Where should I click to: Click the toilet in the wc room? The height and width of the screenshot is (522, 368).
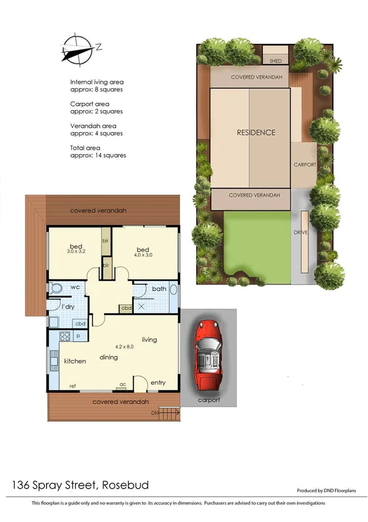56,289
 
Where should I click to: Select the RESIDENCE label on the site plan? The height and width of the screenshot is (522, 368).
255,132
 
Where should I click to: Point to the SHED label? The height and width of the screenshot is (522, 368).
276,61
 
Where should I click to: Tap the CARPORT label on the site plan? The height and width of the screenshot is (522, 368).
305,165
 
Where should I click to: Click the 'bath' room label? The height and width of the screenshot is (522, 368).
159,288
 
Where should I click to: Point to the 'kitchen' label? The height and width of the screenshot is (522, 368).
74,361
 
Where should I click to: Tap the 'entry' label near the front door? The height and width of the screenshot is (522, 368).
158,383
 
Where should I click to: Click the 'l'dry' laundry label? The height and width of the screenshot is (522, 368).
68,307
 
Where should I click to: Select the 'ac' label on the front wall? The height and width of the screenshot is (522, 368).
123,384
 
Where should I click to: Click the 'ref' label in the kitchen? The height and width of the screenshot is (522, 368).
72,386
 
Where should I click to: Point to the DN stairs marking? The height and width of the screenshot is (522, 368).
155,413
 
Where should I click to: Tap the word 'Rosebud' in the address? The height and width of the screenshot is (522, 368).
126,484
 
